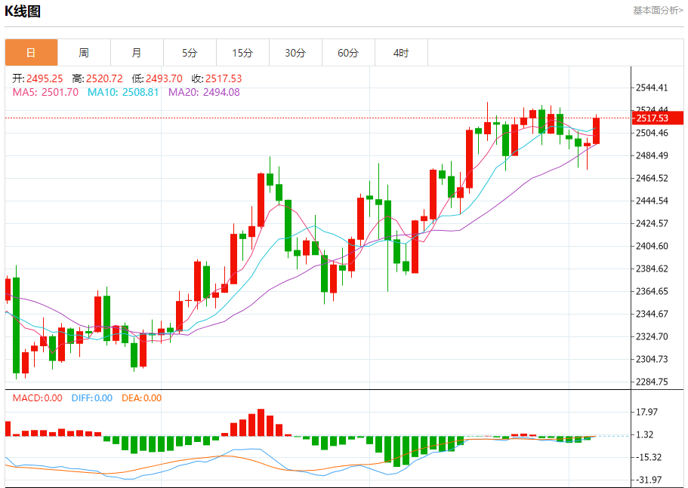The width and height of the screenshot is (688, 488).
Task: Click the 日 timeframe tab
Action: (x=31, y=53)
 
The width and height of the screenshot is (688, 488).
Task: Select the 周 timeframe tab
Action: (x=84, y=53)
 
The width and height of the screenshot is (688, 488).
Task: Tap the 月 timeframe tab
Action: (x=137, y=53)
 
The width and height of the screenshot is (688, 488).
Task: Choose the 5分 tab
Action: (x=190, y=53)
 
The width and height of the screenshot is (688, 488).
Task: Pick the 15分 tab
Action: (x=242, y=53)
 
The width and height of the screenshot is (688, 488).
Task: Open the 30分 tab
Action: (x=295, y=53)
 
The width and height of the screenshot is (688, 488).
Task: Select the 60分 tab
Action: (x=348, y=53)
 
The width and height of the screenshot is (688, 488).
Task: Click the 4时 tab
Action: (x=401, y=53)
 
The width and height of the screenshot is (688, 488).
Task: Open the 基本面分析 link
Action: (x=658, y=11)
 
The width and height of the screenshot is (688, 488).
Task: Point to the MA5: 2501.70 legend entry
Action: (x=45, y=92)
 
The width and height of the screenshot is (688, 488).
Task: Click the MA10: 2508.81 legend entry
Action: (x=123, y=92)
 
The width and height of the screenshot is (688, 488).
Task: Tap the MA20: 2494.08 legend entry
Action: (x=204, y=92)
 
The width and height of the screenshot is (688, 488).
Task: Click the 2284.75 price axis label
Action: (x=653, y=382)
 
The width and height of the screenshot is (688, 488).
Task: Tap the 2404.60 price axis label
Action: (x=653, y=246)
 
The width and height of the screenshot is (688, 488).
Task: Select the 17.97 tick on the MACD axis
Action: (x=648, y=412)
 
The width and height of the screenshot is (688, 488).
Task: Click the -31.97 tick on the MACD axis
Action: (x=648, y=480)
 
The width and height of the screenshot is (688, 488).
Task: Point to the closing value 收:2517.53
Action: (x=217, y=78)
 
